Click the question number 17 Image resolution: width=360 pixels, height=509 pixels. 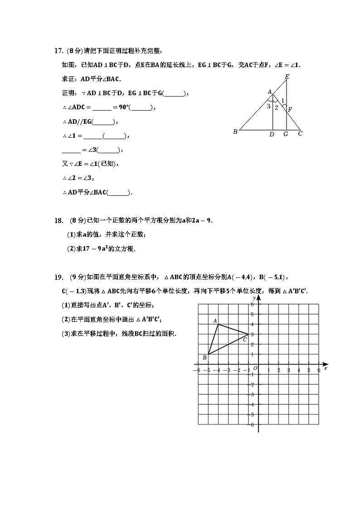(58, 50)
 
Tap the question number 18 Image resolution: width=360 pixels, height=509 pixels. (58, 221)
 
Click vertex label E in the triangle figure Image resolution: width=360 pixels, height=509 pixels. (287, 77)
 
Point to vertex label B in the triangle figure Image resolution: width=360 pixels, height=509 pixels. (235, 132)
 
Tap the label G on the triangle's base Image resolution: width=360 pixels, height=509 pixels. (286, 134)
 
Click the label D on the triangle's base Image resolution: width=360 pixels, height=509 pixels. (272, 134)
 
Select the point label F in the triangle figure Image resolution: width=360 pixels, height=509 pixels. (290, 109)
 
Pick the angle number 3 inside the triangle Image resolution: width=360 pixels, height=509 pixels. (268, 107)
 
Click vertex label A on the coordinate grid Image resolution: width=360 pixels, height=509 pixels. (215, 320)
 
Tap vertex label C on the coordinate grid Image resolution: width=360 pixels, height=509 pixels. (245, 339)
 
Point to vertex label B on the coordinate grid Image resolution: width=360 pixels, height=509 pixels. (204, 358)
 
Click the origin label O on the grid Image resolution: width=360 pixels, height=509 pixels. (255, 368)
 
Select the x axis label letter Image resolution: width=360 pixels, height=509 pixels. (326, 368)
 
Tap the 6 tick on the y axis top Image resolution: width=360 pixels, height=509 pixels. (252, 305)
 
